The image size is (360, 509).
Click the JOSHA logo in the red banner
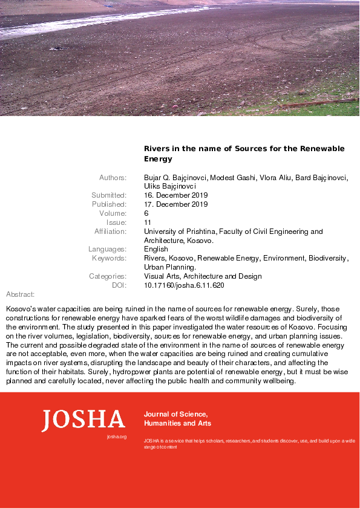[83, 420]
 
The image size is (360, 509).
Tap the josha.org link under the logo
[116, 436]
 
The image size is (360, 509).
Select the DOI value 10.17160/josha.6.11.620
[184, 285]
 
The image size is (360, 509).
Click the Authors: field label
[113, 177]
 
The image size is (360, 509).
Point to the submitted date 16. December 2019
[175, 195]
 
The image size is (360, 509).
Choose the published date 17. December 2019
[175, 204]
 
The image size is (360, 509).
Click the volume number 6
[146, 213]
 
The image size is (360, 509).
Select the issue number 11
[147, 222]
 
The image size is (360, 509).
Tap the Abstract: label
[20, 294]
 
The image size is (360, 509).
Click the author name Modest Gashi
[230, 177]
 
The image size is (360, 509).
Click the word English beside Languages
[156, 249]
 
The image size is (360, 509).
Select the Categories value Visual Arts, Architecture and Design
[203, 276]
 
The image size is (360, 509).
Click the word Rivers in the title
[157, 149]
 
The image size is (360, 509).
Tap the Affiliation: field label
[110, 232]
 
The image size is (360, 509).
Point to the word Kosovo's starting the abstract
[22, 309]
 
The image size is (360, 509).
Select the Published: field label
[109, 204]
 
